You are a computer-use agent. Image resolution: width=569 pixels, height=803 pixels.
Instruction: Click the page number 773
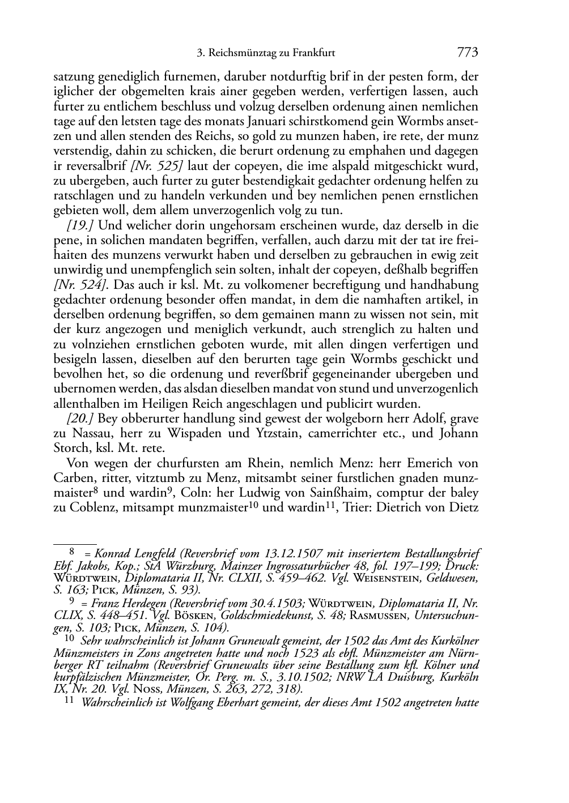[468, 53]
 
